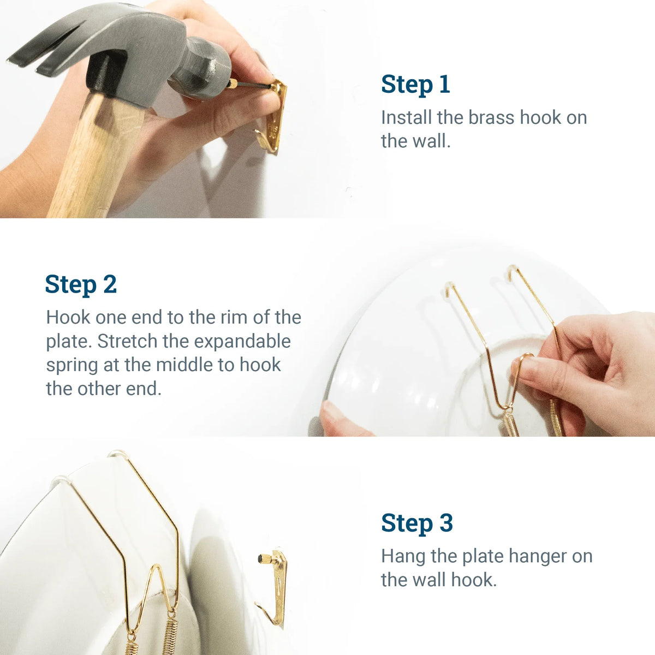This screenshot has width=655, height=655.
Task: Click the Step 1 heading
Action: point(415,85)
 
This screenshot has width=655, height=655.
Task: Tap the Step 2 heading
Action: point(81,284)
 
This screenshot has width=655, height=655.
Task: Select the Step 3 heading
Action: point(417,523)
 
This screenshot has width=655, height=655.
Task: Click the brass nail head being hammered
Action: point(233,84)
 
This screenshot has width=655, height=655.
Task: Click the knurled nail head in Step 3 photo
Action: point(264,559)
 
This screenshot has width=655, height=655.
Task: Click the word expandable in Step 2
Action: point(242,342)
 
